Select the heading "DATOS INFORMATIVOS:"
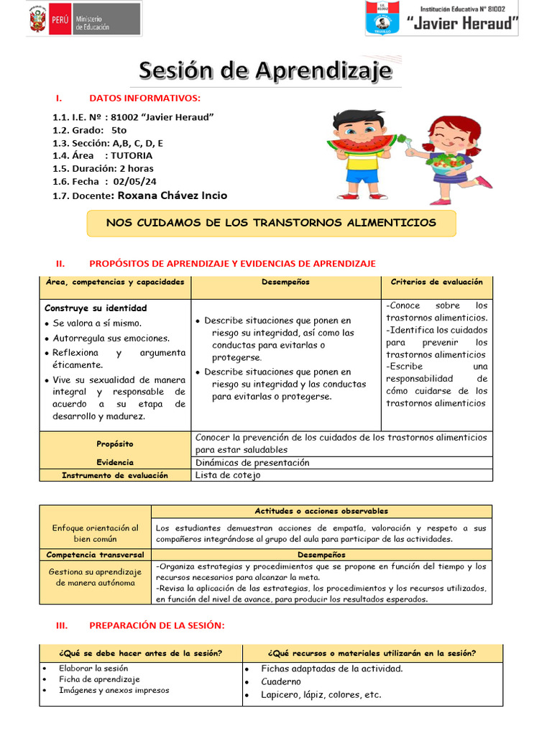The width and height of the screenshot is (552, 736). tap(144, 98)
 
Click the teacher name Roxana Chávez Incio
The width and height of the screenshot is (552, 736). tap(172, 195)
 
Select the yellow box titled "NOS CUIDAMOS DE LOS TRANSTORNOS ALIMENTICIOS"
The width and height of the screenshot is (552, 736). tap(271, 223)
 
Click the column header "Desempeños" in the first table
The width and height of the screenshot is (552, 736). tap(285, 282)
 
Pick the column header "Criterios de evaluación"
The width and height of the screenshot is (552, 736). tap(436, 282)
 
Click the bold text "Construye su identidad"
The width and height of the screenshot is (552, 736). tap(96, 308)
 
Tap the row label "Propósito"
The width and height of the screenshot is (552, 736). tap(115, 444)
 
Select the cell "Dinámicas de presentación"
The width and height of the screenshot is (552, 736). tap(252, 463)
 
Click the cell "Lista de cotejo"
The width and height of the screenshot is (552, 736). tap(228, 475)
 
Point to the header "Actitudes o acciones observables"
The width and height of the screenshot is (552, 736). tap(321, 511)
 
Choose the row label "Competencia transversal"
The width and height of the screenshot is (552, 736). tap(95, 555)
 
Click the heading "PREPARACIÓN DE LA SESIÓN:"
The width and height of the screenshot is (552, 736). tap(157, 626)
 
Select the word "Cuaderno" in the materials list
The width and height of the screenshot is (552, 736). tap(281, 681)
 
